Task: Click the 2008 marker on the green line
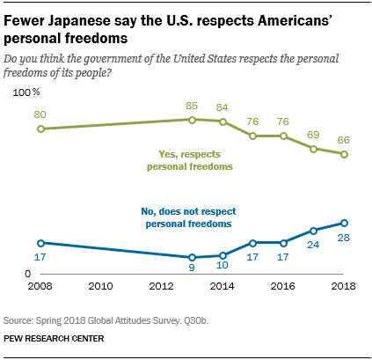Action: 40,129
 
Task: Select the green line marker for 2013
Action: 192,119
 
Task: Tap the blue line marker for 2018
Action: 344,223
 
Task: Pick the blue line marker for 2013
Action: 192,257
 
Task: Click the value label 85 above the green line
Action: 191,104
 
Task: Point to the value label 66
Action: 344,138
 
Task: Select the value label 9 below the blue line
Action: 192,272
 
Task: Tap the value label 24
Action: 313,246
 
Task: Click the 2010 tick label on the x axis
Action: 100,287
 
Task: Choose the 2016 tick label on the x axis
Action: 283,287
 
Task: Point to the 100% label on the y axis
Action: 26,92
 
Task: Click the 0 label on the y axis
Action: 28,275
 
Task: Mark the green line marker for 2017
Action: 314,149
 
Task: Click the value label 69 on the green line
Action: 313,134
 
